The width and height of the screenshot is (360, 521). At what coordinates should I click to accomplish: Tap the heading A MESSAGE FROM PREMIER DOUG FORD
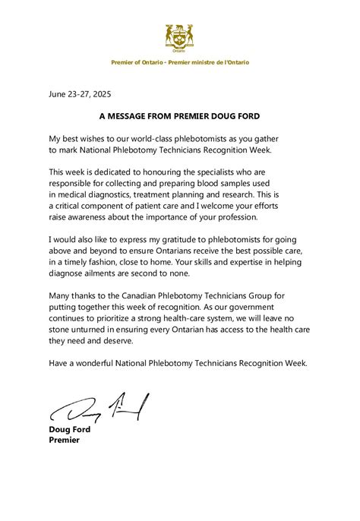pyautogui.click(x=179, y=118)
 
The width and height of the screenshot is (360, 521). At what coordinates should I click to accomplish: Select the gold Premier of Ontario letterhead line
pyautogui.click(x=179, y=62)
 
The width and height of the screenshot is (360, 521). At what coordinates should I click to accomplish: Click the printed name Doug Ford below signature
pyautogui.click(x=68, y=429)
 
